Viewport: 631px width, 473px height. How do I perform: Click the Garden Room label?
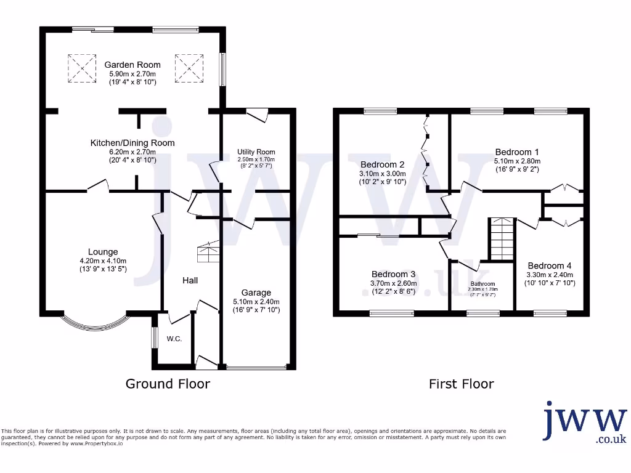tap(132, 65)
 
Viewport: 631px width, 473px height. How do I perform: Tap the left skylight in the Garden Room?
tap(81, 68)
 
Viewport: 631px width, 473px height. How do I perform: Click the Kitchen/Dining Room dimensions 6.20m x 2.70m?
tap(132, 152)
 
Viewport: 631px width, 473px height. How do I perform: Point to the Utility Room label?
tap(256, 152)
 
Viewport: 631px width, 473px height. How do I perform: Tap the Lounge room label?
tap(103, 252)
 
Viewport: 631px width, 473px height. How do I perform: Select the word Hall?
tap(190, 280)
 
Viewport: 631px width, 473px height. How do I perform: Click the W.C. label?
tap(174, 339)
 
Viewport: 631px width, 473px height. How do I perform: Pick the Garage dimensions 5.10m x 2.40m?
tap(256, 302)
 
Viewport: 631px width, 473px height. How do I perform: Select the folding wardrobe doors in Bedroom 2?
tap(424, 151)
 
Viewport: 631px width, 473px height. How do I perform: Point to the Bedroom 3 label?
tap(393, 274)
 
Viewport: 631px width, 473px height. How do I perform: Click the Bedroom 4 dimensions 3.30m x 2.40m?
tap(550, 275)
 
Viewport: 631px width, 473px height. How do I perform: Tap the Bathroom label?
tap(482, 284)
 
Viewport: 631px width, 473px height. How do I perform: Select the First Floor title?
tap(461, 384)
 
